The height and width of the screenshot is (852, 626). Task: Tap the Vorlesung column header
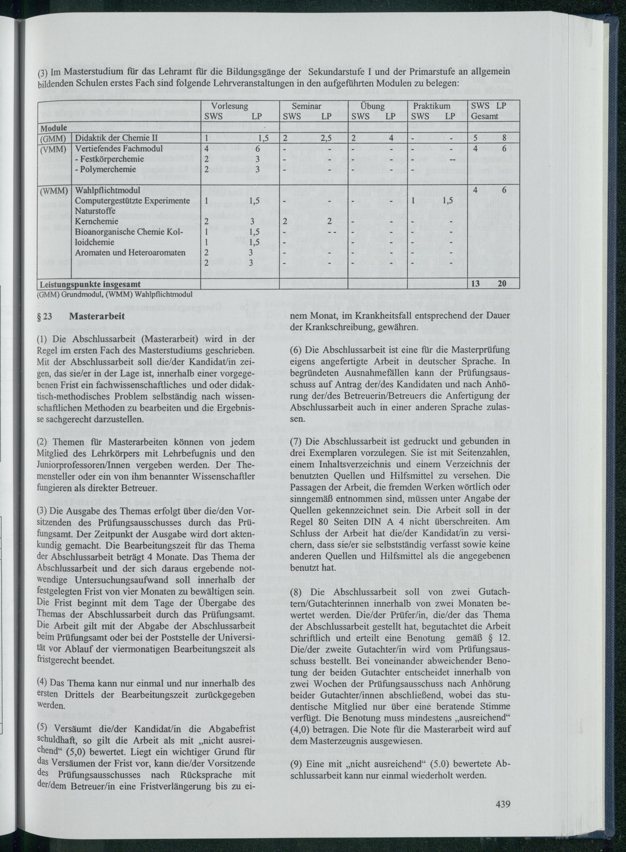click(x=230, y=106)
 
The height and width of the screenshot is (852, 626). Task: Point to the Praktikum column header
click(x=432, y=106)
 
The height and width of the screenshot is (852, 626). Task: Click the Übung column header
click(x=373, y=106)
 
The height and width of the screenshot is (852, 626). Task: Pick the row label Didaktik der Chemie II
click(x=116, y=138)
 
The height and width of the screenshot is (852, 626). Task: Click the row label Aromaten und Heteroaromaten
click(x=130, y=252)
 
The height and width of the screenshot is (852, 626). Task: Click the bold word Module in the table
click(x=54, y=128)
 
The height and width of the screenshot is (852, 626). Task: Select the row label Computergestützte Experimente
click(x=132, y=200)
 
